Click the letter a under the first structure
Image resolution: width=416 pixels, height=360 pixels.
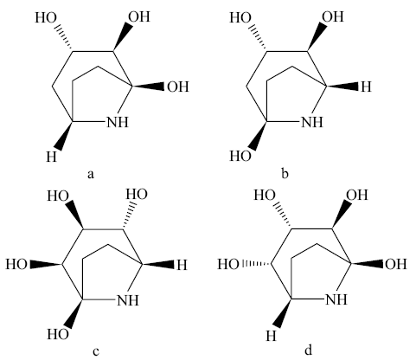pos(91,175)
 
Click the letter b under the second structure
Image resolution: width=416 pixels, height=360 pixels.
pos(285,173)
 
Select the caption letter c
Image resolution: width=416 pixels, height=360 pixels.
pos(96,352)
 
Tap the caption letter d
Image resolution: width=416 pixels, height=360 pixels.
pos(308,350)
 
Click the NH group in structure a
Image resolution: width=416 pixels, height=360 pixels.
pos(118,122)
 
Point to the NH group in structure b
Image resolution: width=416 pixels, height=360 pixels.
pos(312,122)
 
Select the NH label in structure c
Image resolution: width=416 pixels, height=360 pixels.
pos(128,300)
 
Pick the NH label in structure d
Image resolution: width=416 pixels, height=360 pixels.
pos(336,299)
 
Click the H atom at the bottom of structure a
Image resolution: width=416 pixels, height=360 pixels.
pos(51,157)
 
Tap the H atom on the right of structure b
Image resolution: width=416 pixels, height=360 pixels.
pos(366,87)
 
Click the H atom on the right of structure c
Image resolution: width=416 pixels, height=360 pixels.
pos(182,265)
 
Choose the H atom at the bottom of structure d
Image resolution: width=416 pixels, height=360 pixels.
pos(271,336)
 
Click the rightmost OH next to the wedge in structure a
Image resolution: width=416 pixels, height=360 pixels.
pos(178,87)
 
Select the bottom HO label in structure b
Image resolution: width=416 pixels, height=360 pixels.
pos(240,156)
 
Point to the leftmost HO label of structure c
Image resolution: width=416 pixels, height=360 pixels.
pos(16,264)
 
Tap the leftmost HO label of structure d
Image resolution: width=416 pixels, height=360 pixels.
pos(228,264)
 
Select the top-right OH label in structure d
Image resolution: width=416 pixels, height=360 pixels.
pos(357,196)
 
